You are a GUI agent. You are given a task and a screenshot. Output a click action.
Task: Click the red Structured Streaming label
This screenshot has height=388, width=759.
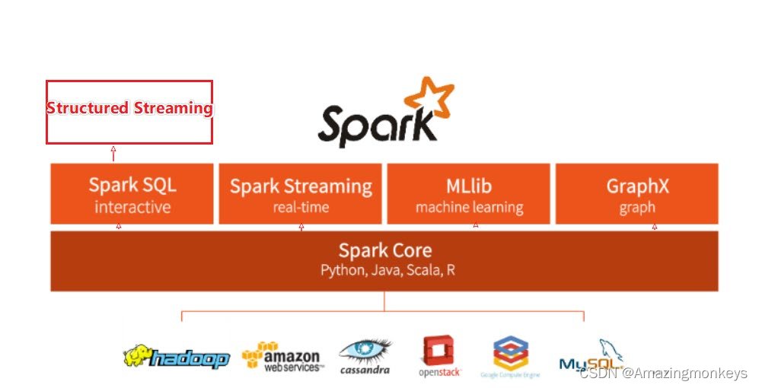pos(129,108)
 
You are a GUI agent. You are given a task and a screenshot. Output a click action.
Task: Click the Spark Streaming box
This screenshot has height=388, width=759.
pos(301,194)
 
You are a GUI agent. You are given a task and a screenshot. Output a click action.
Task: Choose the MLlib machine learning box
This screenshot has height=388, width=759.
pos(469,194)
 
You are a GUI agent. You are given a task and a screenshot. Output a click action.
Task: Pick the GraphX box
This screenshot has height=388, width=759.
pos(636,194)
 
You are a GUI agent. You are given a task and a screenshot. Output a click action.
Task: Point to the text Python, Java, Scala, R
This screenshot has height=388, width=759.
pos(387,270)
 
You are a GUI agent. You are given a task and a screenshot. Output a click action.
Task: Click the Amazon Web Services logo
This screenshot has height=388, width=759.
pos(282,356)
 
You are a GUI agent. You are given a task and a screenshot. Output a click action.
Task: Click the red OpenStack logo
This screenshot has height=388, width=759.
pos(438,356)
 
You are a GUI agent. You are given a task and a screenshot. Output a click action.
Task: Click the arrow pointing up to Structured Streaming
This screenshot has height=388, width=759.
pos(113,153)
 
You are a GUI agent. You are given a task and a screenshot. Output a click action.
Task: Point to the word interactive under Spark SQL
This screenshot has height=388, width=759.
pos(132,207)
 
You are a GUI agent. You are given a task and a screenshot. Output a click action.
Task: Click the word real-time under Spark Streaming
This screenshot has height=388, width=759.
pos(301,207)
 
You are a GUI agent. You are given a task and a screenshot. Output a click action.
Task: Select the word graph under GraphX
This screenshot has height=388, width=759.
pos(636,207)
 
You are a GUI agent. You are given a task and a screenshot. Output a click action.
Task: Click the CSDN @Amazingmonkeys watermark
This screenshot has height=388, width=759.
pos(663,374)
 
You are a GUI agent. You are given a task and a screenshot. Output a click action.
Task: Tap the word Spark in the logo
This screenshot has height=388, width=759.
pos(373,122)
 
